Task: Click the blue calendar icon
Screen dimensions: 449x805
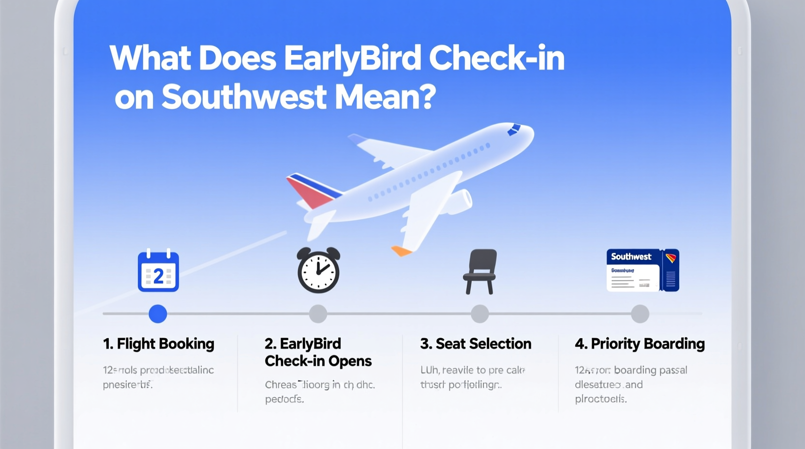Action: pyautogui.click(x=158, y=271)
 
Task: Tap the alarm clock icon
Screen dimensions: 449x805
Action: pyautogui.click(x=318, y=270)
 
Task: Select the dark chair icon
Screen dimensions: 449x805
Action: pyautogui.click(x=480, y=271)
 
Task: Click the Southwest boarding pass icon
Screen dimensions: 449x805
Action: pyautogui.click(x=642, y=270)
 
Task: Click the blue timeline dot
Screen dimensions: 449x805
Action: pyautogui.click(x=158, y=314)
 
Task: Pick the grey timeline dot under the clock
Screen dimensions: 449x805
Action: pyautogui.click(x=318, y=314)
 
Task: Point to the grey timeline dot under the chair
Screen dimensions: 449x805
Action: pyautogui.click(x=479, y=314)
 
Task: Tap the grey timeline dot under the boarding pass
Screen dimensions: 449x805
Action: pyautogui.click(x=640, y=314)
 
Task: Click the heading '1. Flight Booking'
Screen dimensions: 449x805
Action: pyautogui.click(x=158, y=344)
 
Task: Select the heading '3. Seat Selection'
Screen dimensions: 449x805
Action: pyautogui.click(x=476, y=344)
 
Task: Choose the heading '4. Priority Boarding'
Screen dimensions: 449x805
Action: pyautogui.click(x=640, y=344)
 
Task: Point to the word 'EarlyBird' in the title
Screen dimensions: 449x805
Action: pyautogui.click(x=352, y=59)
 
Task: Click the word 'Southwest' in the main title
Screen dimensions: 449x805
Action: pyautogui.click(x=244, y=97)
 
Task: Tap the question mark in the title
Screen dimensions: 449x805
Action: pyautogui.click(x=426, y=97)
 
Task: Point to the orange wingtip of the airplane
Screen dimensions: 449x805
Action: pyautogui.click(x=401, y=251)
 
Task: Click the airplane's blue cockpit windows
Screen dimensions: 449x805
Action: pyautogui.click(x=514, y=129)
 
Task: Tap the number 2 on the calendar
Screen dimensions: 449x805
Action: pyautogui.click(x=158, y=277)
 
